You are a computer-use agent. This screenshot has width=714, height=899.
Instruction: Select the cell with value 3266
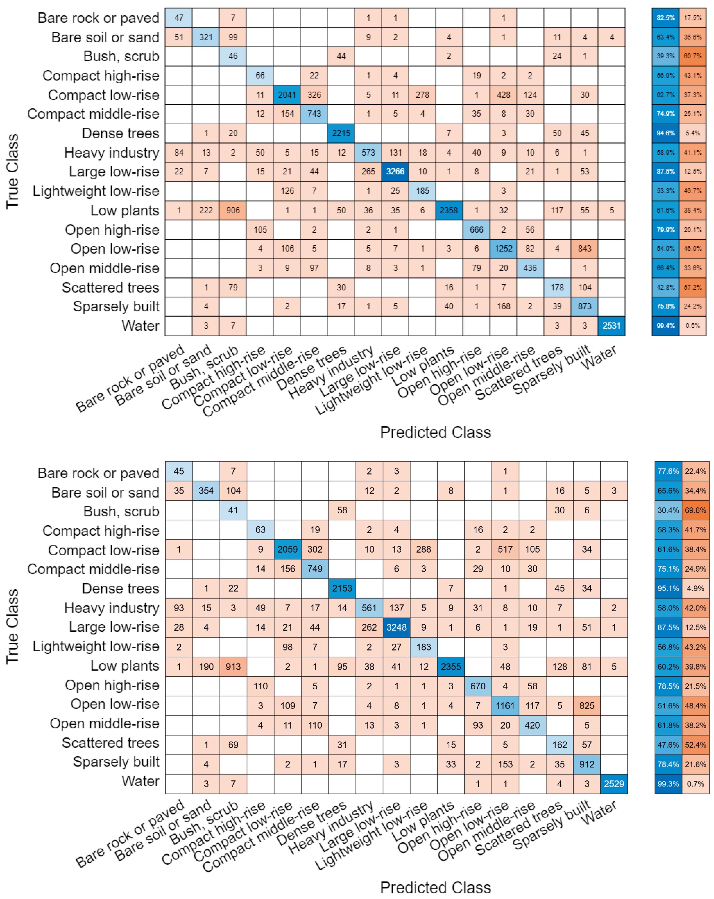pos(395,171)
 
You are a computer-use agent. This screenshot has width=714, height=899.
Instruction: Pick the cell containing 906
pos(233,210)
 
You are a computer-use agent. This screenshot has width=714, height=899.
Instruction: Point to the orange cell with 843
pos(584,248)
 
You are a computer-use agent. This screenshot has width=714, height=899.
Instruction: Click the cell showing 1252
pos(503,248)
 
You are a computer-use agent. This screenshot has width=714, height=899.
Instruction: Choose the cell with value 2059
pos(287,549)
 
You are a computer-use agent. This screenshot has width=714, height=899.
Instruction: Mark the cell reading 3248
pos(396,627)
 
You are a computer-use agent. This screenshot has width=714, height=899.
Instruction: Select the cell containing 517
pos(505,549)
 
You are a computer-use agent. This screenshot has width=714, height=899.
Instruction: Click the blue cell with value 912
pos(587,764)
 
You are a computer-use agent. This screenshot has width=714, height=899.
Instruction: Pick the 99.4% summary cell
pos(665,326)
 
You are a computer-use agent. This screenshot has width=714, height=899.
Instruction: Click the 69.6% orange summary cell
pos(695,510)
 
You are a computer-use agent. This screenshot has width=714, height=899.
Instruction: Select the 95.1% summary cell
pos(668,588)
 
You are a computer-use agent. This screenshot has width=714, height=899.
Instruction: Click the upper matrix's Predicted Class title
pos(435,432)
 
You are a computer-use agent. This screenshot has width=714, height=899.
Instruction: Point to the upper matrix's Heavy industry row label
pos(112,153)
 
